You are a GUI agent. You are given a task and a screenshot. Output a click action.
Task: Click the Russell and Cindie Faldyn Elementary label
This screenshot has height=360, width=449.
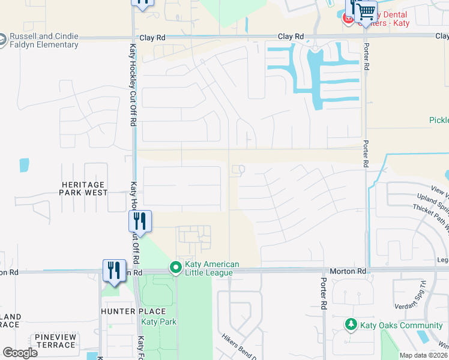point(43,40)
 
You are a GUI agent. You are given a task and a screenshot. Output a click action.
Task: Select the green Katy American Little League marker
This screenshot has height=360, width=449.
point(175,268)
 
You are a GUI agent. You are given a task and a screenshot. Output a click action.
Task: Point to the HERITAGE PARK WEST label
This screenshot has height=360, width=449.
point(83,188)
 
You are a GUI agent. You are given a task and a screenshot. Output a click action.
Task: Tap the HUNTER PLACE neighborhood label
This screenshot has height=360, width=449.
point(133,311)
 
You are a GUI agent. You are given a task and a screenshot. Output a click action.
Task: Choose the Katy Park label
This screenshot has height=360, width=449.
point(158,322)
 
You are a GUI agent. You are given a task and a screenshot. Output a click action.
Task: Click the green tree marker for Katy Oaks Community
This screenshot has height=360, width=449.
point(351,325)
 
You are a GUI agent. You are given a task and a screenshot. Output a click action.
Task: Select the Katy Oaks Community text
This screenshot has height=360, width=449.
point(393,325)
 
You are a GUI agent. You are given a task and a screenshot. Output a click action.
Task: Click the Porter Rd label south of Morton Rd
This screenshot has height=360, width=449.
point(324,293)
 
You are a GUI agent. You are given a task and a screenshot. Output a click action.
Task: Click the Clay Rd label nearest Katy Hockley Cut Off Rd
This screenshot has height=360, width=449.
point(152,37)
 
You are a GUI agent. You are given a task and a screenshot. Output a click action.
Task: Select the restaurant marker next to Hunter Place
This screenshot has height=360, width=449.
point(113,271)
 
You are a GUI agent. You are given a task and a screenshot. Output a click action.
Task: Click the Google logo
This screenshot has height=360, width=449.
point(19,352)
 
